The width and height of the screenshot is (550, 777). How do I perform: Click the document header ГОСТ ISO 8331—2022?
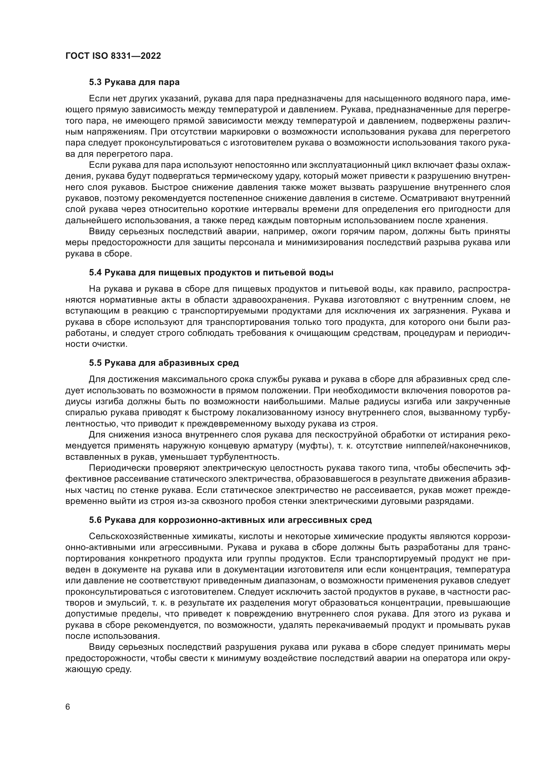tap(113, 56)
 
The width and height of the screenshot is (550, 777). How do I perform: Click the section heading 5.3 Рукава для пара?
tap(134, 82)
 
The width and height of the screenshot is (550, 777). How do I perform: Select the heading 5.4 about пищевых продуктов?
tap(211, 272)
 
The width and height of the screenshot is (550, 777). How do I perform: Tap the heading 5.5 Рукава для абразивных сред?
tap(164, 363)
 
